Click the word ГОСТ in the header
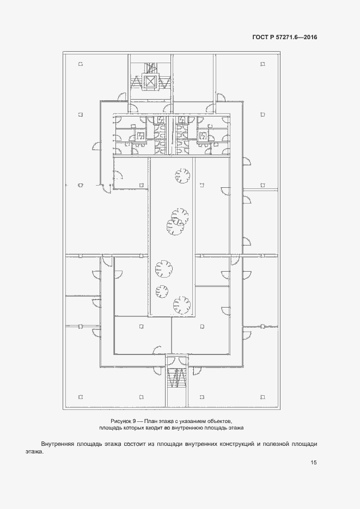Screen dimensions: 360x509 (260, 37)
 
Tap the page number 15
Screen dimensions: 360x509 (313, 462)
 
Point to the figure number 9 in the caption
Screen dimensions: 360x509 (134, 421)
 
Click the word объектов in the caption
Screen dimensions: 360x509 (221, 421)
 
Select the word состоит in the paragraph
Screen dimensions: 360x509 (134, 444)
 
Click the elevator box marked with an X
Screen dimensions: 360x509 (150, 82)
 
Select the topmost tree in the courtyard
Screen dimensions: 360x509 (182, 176)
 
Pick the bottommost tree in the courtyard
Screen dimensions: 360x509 (181, 305)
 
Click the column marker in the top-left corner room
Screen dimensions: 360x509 (81, 64)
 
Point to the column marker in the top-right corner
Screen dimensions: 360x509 (263, 64)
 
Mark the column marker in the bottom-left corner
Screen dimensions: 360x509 (81, 397)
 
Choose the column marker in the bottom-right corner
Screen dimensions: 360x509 (263, 397)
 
